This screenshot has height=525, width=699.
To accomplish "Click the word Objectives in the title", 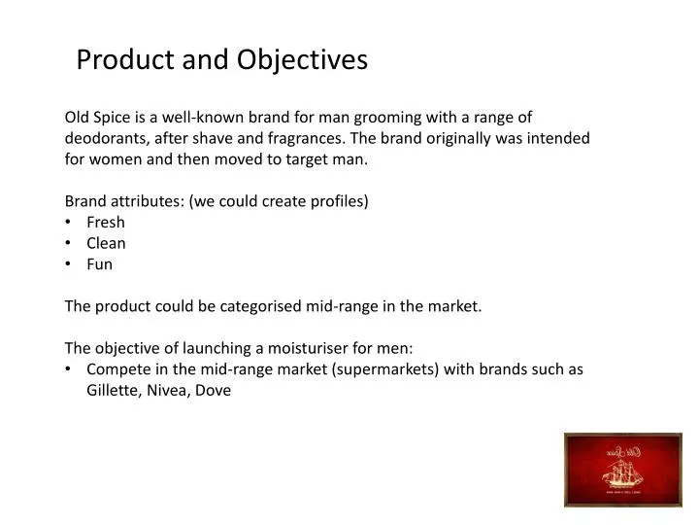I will [x=302, y=60].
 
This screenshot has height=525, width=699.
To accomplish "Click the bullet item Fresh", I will [x=106, y=223].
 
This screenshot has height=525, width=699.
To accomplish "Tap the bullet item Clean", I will [x=107, y=243].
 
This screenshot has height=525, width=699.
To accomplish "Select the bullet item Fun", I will [x=100, y=264].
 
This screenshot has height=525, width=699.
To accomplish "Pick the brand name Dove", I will [x=215, y=391].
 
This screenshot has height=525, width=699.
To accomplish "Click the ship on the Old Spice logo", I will [x=621, y=472].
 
